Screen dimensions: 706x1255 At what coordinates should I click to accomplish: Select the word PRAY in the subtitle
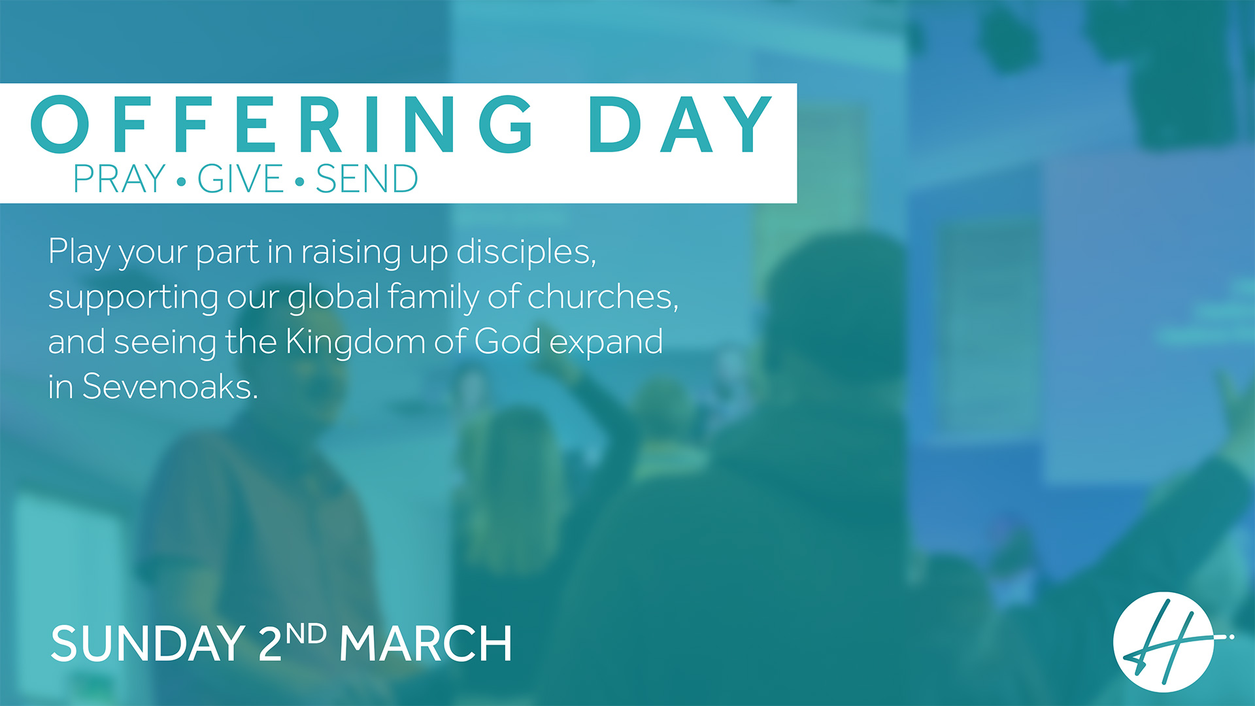(119, 178)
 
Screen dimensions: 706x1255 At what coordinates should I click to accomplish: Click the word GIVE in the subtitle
(240, 178)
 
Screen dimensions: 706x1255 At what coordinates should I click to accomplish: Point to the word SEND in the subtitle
(367, 178)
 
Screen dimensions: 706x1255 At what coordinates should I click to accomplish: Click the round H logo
(1164, 642)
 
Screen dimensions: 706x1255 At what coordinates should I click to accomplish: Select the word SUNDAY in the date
(148, 644)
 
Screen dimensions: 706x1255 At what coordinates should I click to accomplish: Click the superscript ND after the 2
(306, 633)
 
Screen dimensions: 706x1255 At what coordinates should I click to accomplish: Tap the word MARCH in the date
(426, 644)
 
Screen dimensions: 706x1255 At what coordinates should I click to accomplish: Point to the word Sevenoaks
(170, 386)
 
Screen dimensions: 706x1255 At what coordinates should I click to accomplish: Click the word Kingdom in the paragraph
(356, 341)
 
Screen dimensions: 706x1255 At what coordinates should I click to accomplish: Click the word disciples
(526, 252)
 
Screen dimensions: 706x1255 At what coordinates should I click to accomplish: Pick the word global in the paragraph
(333, 297)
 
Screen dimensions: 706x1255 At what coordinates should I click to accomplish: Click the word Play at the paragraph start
(79, 252)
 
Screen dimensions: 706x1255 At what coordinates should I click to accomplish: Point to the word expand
(606, 343)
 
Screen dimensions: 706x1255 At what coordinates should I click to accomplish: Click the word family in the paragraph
(433, 297)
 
